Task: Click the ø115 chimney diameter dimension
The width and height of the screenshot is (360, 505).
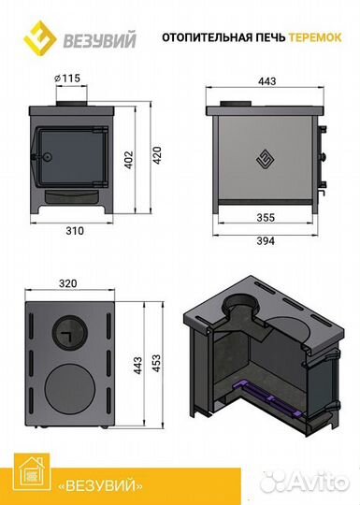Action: pos(67,79)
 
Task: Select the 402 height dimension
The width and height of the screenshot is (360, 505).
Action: pos(129,159)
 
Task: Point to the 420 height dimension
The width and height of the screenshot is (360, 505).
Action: pos(157,155)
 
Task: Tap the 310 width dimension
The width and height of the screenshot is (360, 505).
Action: pos(75,231)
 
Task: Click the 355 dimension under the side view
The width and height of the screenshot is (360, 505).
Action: pos(266,217)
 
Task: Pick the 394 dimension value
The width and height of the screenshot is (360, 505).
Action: pos(266,240)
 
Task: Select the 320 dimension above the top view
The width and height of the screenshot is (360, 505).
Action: pos(68,283)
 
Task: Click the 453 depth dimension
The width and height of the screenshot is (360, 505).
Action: pos(156,363)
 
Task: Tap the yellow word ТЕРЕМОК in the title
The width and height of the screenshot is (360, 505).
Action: pos(315,37)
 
